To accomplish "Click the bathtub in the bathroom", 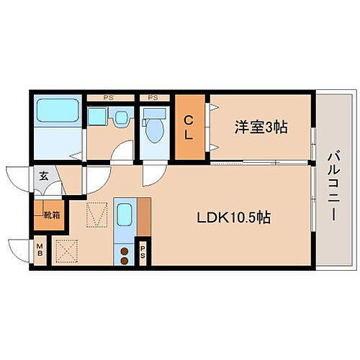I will tap(60, 112).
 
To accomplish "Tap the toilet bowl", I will tap(153, 131).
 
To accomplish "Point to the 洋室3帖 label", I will tap(261, 127).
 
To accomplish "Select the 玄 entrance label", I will tap(43, 175).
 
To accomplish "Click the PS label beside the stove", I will tap(143, 252).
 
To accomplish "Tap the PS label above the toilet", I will tap(153, 96).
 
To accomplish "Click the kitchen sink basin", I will tap(124, 215).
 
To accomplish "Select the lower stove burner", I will tap(123, 261).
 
